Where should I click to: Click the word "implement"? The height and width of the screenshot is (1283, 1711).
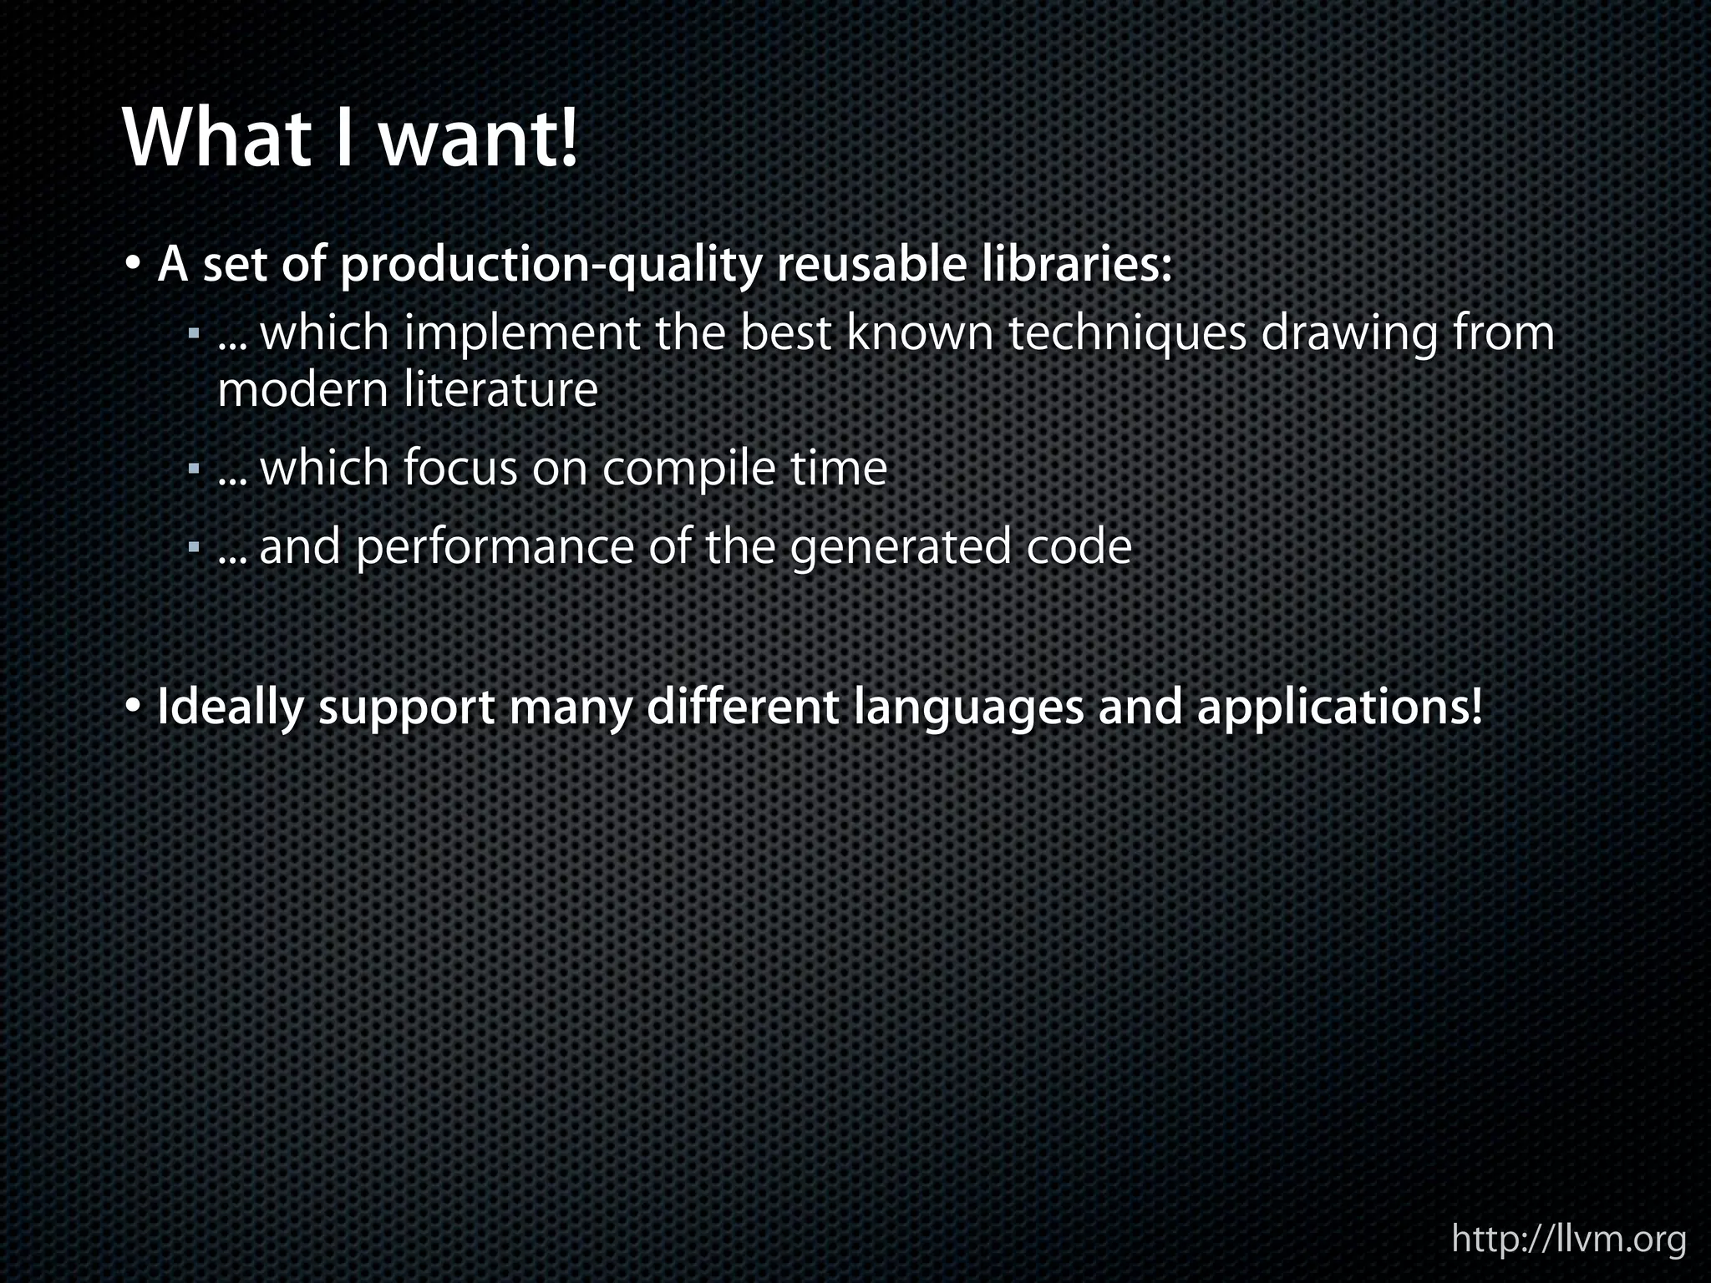point(522,334)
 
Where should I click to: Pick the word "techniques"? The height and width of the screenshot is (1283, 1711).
point(1127,334)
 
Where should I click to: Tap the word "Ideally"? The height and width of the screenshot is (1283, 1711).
point(231,708)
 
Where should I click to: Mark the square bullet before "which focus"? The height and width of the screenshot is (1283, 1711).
point(194,470)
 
